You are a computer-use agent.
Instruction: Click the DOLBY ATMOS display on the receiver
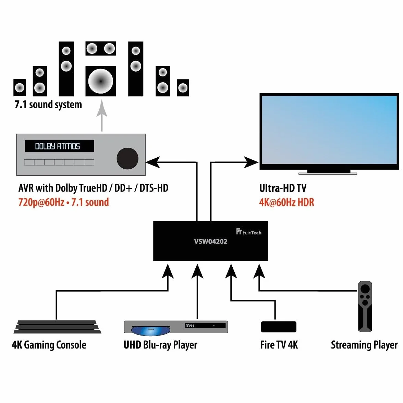click(59, 146)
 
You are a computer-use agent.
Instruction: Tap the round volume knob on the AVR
click(127, 159)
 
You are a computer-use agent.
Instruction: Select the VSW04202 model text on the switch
click(210, 241)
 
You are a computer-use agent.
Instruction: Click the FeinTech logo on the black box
click(248, 232)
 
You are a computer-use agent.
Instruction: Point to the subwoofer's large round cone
click(101, 81)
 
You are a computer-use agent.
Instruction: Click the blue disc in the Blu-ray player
click(151, 331)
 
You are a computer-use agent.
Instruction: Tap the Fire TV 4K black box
click(279, 327)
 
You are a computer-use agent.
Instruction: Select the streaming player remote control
click(365, 306)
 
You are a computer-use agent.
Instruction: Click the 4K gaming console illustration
click(57, 327)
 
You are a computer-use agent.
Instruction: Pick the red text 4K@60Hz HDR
click(286, 202)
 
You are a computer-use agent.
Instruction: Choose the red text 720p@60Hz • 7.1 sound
click(63, 202)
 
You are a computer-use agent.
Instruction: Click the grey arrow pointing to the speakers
click(102, 115)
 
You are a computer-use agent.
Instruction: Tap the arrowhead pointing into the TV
click(251, 162)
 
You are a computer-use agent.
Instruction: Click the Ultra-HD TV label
click(283, 188)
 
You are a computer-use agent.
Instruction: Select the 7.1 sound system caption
click(48, 105)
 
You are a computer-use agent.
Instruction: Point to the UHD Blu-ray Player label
click(160, 345)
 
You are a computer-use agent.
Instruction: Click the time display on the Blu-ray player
click(190, 326)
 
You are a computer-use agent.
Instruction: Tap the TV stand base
click(328, 173)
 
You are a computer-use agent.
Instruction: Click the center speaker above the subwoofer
click(101, 48)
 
